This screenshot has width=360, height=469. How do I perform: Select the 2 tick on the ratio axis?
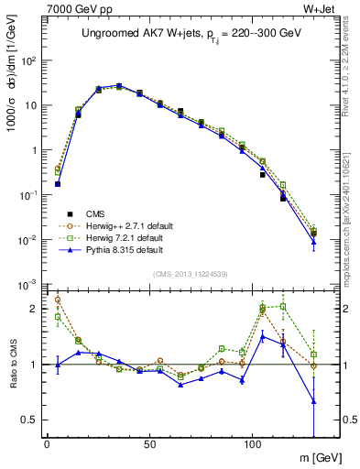[x=37, y=309]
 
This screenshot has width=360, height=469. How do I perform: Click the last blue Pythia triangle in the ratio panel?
[x=314, y=400]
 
